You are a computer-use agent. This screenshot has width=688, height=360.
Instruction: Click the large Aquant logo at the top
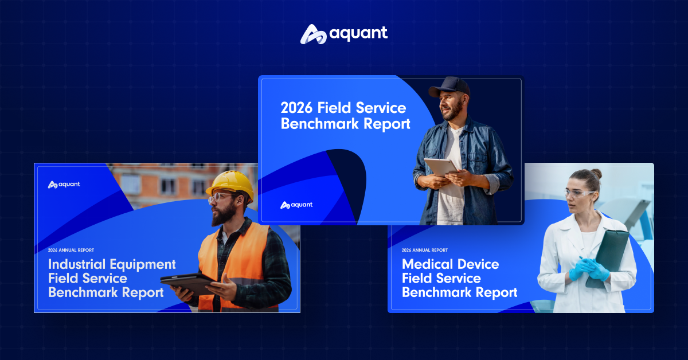[344, 34]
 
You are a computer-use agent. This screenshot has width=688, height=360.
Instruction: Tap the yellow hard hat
[230, 185]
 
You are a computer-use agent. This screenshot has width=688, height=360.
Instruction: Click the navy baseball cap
[450, 87]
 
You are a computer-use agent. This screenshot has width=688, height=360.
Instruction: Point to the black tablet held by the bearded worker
[188, 283]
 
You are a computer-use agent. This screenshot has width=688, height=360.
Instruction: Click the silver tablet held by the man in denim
[441, 167]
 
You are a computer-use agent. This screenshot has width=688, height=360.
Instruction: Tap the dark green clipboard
[608, 259]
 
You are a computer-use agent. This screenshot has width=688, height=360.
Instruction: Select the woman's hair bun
[596, 174]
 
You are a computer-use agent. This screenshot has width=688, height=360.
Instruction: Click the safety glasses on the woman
[578, 194]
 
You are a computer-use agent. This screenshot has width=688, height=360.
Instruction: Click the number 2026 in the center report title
[296, 108]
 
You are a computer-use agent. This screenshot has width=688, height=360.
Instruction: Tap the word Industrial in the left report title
[77, 264]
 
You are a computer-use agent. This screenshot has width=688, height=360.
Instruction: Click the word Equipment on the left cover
[143, 265]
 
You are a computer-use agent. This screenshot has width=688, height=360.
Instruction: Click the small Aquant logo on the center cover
[296, 205]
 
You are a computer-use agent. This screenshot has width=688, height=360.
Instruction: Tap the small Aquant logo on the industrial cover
[64, 185]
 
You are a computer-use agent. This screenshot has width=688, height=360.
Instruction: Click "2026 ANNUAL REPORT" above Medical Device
[424, 250]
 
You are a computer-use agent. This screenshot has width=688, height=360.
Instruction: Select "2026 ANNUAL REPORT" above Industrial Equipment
[71, 250]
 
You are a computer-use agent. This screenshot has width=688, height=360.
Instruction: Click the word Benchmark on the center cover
[320, 123]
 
